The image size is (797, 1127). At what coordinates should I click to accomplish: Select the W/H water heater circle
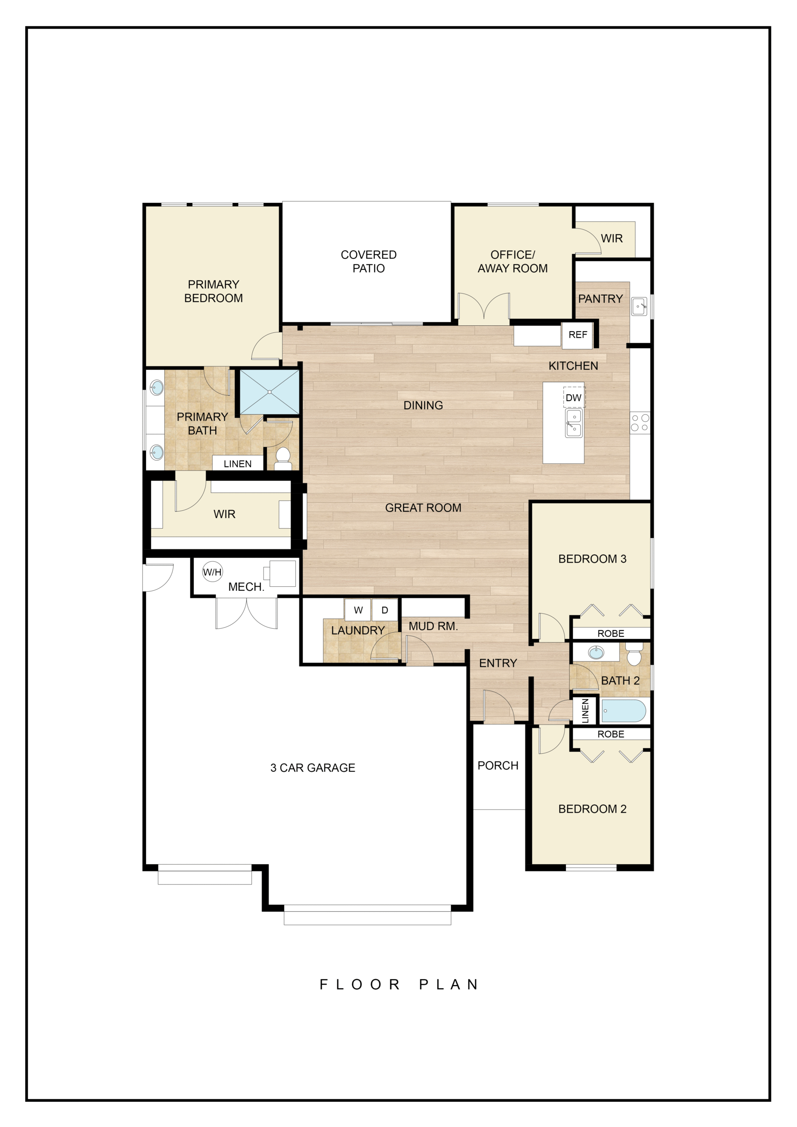point(213,572)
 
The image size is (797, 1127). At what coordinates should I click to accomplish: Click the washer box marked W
point(358,610)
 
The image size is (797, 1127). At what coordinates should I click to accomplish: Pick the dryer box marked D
point(384,610)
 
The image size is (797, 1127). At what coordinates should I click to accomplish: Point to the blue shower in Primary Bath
point(269,392)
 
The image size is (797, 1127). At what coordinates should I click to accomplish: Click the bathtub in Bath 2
point(623,711)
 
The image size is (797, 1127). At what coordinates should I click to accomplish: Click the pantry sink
point(639,306)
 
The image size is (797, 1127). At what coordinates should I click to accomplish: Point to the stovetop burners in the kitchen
point(640,423)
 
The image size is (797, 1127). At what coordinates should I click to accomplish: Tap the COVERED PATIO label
point(369,261)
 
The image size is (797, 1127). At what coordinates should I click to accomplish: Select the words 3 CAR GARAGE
point(313,768)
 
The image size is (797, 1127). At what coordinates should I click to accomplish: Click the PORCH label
point(498,765)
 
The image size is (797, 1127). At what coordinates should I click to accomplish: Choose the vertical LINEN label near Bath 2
point(585,711)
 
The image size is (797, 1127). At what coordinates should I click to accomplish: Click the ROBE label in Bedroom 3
point(611,633)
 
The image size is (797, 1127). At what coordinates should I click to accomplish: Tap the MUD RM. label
point(433,626)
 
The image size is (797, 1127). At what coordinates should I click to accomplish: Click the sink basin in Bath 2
point(596,653)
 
